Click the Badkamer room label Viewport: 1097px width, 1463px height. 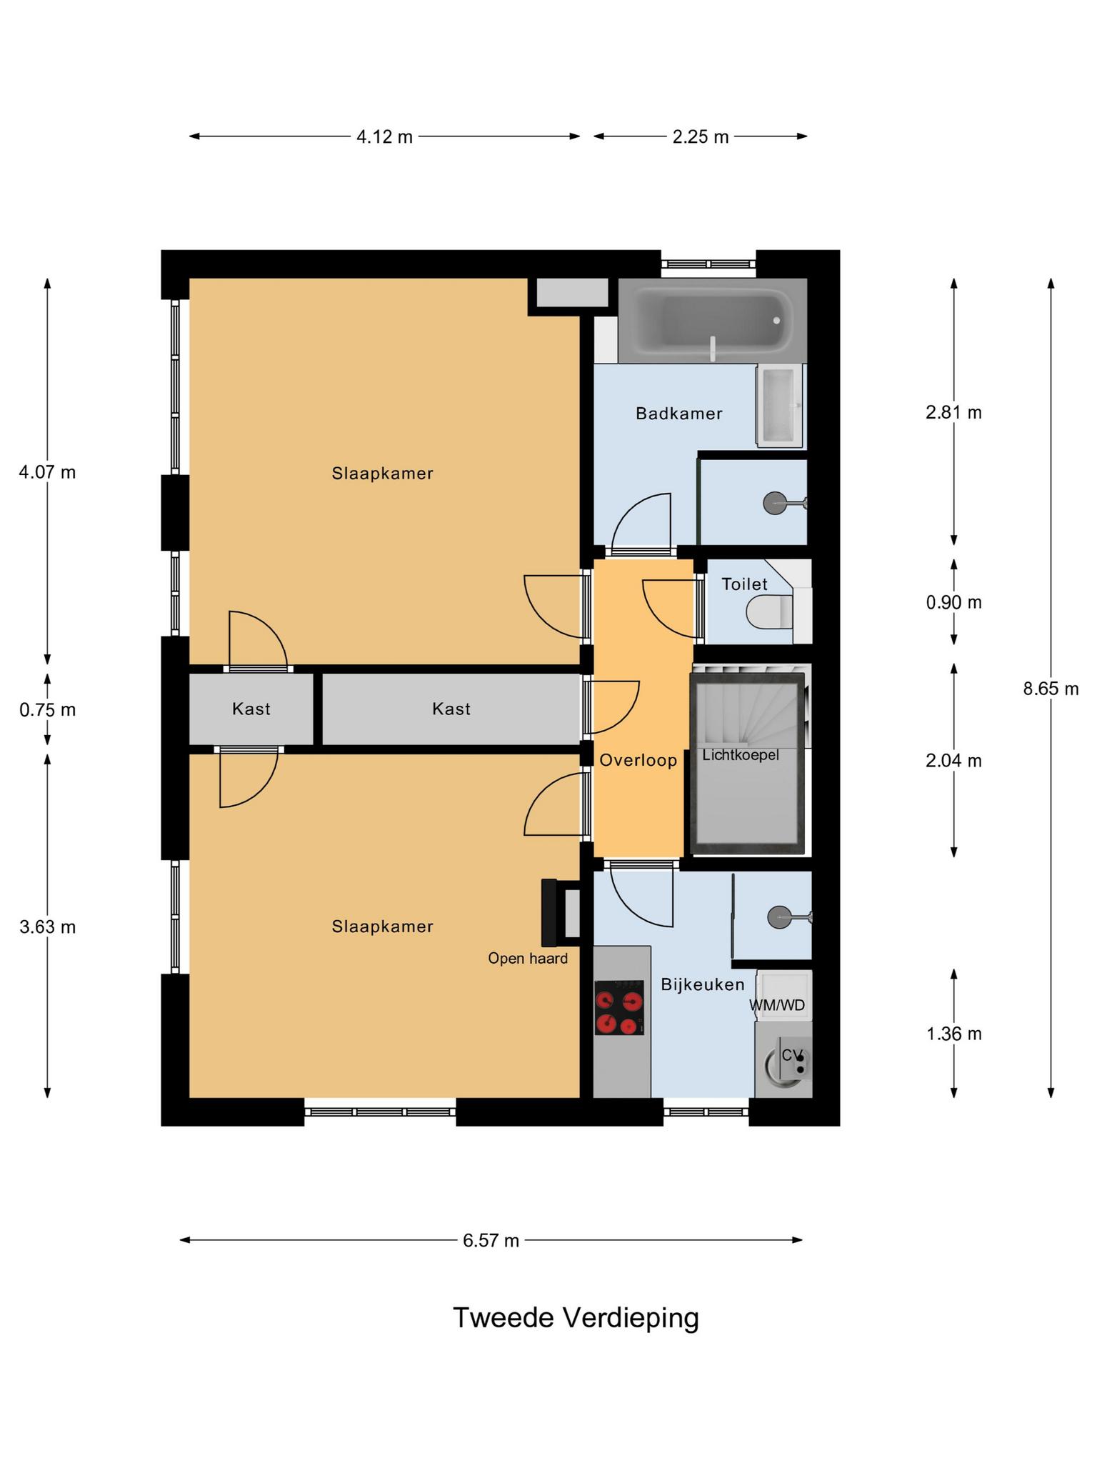click(x=678, y=414)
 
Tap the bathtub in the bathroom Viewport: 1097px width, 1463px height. click(x=712, y=321)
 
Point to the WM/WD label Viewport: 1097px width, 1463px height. click(x=777, y=1005)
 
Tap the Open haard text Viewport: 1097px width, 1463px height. click(x=528, y=959)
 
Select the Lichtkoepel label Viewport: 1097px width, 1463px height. click(x=741, y=755)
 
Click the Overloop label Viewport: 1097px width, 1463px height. click(x=638, y=760)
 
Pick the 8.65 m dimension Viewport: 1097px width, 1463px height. click(x=1051, y=689)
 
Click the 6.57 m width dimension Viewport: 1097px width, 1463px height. click(x=491, y=1241)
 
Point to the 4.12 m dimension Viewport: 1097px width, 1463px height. click(x=384, y=136)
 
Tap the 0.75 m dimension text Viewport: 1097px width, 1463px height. click(x=47, y=710)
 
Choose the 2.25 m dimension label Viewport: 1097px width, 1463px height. click(x=700, y=136)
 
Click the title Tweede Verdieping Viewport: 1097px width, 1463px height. click(x=576, y=1318)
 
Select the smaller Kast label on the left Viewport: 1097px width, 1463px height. click(x=251, y=709)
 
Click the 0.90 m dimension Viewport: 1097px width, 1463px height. click(x=953, y=602)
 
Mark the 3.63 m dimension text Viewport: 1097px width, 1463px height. click(x=47, y=927)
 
